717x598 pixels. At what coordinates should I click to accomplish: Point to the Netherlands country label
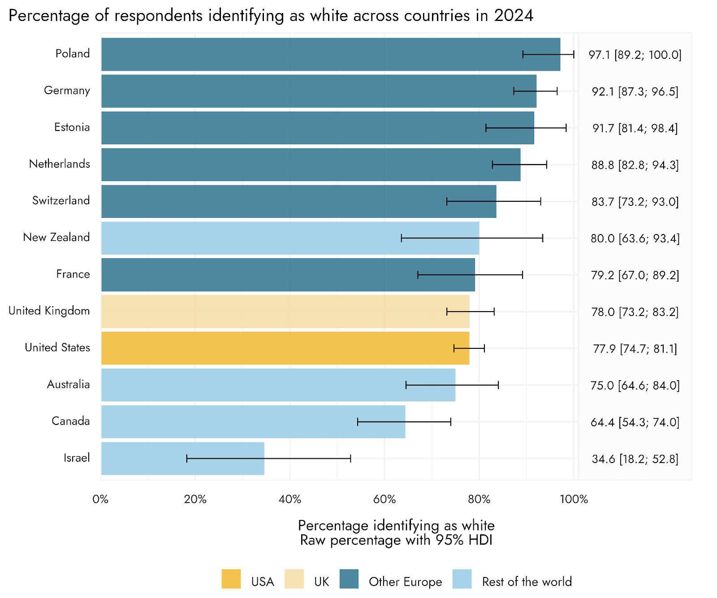[60, 164]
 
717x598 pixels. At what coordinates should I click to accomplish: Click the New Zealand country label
[56, 238]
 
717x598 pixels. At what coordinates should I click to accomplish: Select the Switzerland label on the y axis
[61, 201]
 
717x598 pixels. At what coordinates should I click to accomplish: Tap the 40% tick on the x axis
[290, 499]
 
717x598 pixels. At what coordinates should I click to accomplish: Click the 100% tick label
[574, 499]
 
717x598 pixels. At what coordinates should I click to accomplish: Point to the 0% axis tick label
[101, 499]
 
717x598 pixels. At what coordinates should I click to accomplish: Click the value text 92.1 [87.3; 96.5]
[635, 92]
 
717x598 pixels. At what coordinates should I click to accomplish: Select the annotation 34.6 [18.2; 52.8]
[635, 459]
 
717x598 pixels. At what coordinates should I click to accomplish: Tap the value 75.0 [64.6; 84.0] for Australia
[635, 386]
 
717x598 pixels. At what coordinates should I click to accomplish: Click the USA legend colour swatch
[231, 579]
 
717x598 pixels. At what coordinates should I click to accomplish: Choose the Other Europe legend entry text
[405, 582]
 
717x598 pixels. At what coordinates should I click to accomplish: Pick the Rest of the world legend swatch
[462, 579]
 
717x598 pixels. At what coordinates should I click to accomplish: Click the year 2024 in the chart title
[514, 16]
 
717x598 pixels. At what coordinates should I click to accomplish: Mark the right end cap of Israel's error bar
[350, 459]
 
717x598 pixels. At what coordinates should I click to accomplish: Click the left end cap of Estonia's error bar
[486, 128]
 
